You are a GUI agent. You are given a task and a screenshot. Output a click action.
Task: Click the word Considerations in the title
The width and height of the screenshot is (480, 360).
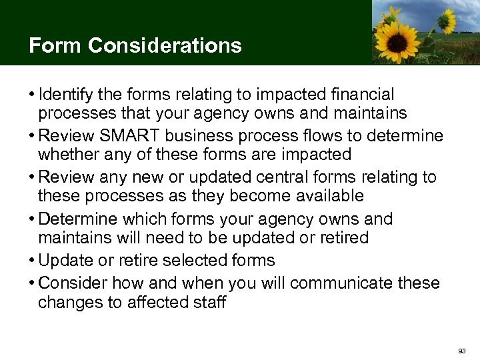165,45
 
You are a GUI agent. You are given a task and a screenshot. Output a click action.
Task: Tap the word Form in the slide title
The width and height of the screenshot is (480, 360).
55,45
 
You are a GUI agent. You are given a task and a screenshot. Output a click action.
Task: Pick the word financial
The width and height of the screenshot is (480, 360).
357,95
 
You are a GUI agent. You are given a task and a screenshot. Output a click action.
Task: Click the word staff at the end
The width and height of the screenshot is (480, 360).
210,302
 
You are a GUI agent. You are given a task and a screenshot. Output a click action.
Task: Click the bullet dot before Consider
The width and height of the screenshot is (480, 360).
32,283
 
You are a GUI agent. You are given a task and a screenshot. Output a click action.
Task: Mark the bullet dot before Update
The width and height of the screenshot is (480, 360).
32,260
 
